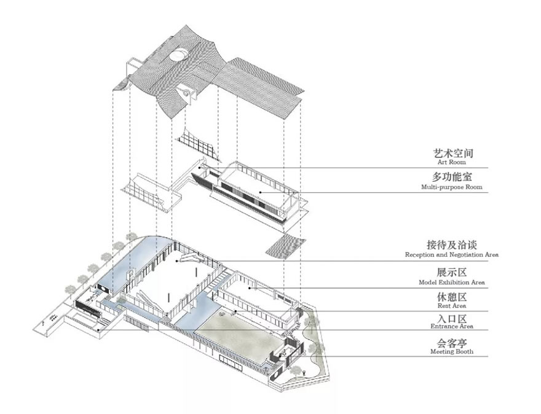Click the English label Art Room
451,163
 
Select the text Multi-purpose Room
451,187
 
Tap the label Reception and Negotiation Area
451,254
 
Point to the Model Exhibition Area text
451,283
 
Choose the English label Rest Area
451,305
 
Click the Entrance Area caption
451,327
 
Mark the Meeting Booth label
451,351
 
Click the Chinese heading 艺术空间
451,153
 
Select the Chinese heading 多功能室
451,177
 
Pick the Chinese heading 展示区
451,273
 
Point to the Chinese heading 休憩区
451,296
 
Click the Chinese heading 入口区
451,318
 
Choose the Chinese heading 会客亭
451,342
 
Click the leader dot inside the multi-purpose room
261,192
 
